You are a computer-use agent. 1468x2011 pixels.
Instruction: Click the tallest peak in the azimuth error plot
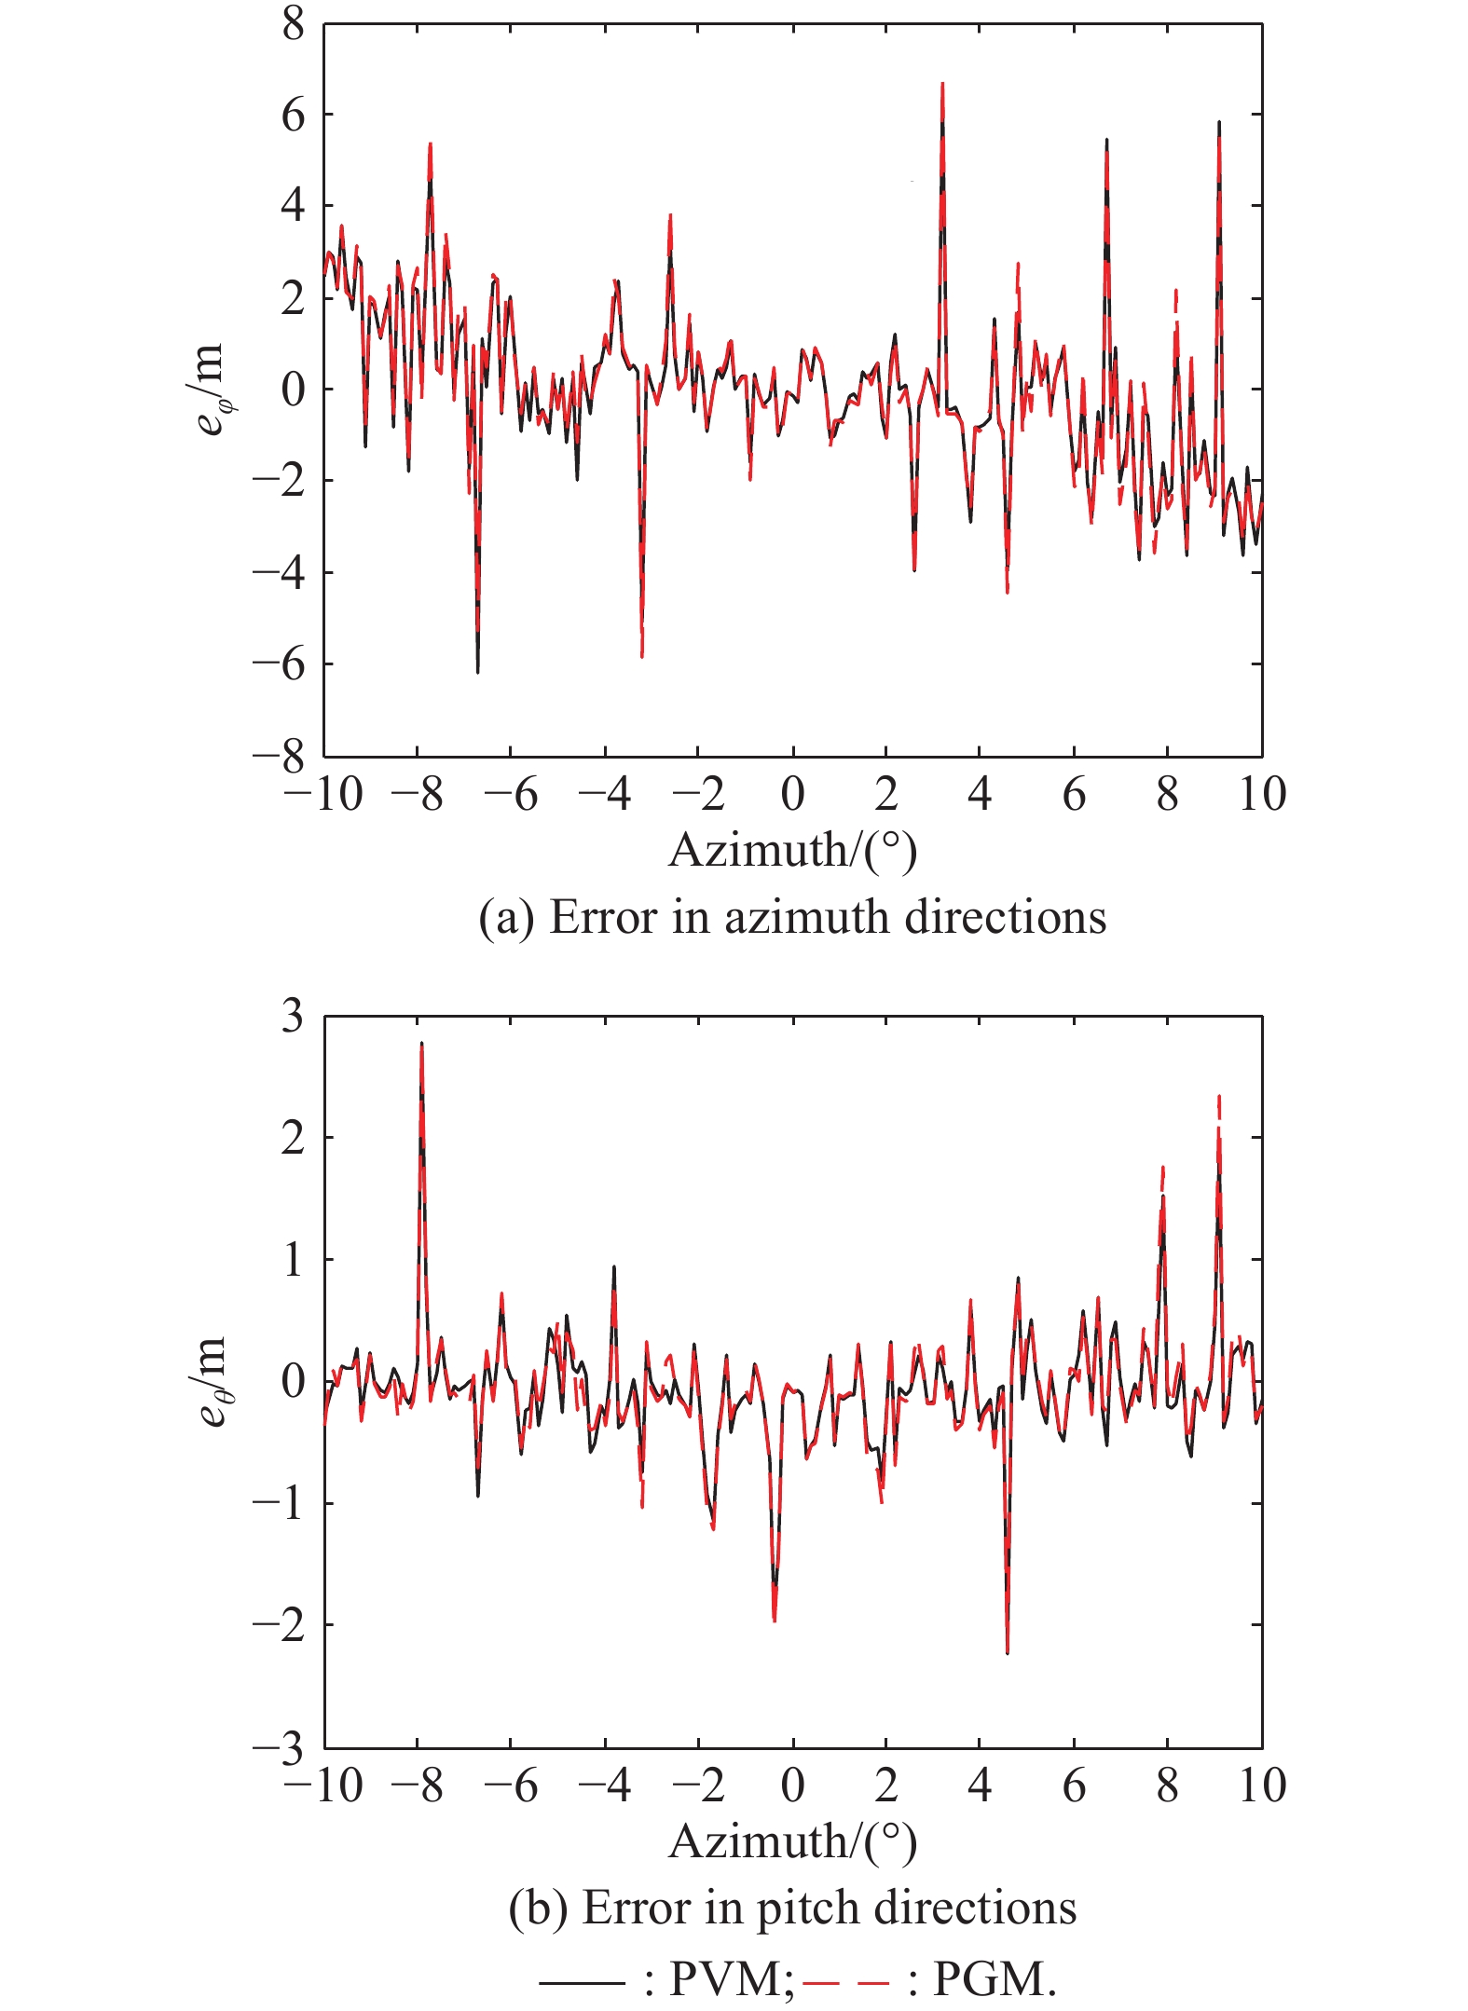(942, 84)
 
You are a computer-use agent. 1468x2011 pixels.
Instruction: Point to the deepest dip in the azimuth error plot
(477, 671)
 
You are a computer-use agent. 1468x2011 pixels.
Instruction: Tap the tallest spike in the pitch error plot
(421, 1044)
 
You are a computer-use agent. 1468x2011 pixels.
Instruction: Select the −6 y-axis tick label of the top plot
(280, 665)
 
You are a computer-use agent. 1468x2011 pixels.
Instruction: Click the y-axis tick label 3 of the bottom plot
(294, 1016)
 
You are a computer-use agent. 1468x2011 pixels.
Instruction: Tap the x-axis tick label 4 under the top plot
(980, 795)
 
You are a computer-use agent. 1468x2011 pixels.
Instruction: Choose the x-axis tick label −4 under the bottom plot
(605, 1785)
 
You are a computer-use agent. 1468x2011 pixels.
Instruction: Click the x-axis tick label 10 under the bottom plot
(1262, 1785)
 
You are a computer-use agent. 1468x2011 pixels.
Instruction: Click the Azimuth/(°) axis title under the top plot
(793, 850)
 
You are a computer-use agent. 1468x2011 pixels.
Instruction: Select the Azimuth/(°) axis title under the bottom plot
(793, 1841)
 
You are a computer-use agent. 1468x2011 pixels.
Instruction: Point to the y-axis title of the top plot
(211, 389)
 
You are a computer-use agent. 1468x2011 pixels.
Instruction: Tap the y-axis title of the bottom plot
(211, 1381)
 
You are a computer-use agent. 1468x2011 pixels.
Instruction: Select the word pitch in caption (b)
(798, 1908)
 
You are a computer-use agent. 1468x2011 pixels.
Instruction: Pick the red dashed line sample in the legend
(845, 1979)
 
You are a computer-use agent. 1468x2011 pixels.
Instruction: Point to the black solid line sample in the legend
(581, 1979)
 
